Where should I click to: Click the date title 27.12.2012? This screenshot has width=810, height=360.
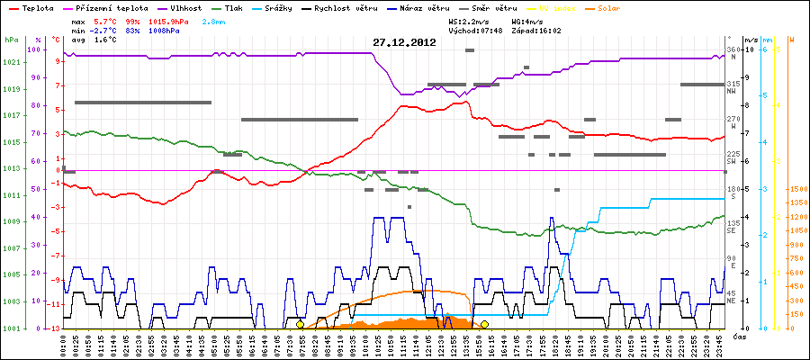click(x=405, y=42)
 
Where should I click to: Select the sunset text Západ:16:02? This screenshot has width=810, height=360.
click(x=536, y=30)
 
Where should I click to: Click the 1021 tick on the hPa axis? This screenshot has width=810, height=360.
click(x=11, y=63)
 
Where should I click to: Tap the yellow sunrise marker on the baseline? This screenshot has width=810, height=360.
click(x=300, y=324)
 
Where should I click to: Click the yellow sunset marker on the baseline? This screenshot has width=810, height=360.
click(x=484, y=324)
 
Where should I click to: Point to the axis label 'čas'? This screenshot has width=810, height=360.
click(x=738, y=336)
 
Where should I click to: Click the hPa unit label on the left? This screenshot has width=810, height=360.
click(x=10, y=40)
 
